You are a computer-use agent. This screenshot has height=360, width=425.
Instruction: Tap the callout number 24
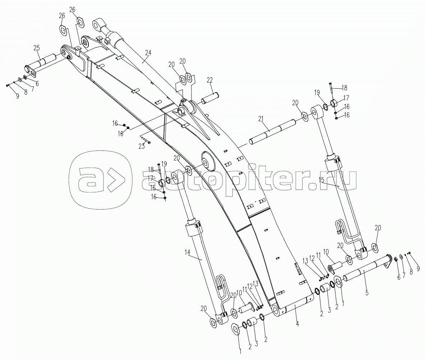[148, 52]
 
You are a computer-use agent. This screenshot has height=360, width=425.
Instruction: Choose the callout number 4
[297, 323]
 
